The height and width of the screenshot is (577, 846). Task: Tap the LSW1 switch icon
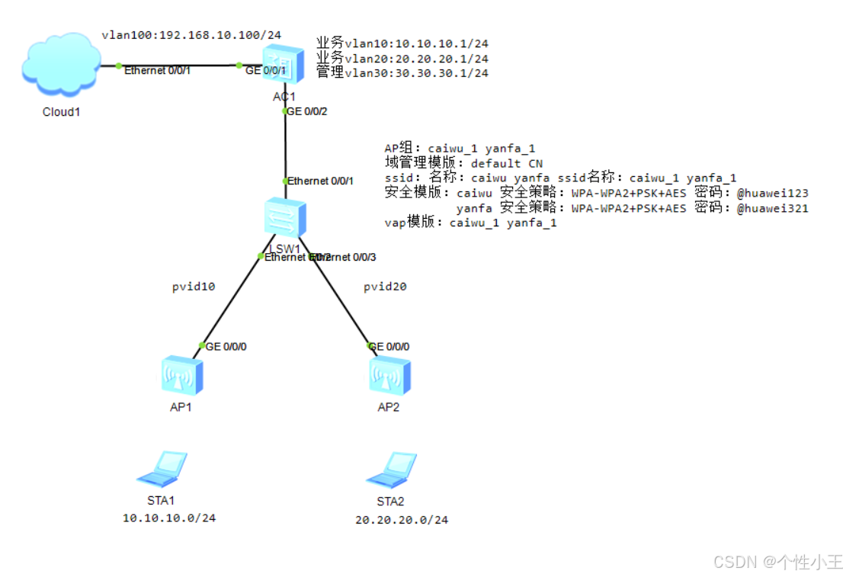284,220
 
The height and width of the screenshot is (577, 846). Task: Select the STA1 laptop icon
162,468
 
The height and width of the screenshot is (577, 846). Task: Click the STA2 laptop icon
391,469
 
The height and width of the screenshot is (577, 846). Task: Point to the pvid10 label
194,287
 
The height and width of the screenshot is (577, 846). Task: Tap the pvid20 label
385,287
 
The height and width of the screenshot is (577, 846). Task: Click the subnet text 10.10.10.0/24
169,518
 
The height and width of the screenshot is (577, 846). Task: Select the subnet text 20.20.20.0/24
402,520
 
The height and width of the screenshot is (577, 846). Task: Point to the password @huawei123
772,194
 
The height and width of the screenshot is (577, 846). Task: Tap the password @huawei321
772,208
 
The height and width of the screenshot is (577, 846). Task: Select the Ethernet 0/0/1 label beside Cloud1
158,70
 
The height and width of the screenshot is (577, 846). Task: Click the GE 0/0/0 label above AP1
226,347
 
